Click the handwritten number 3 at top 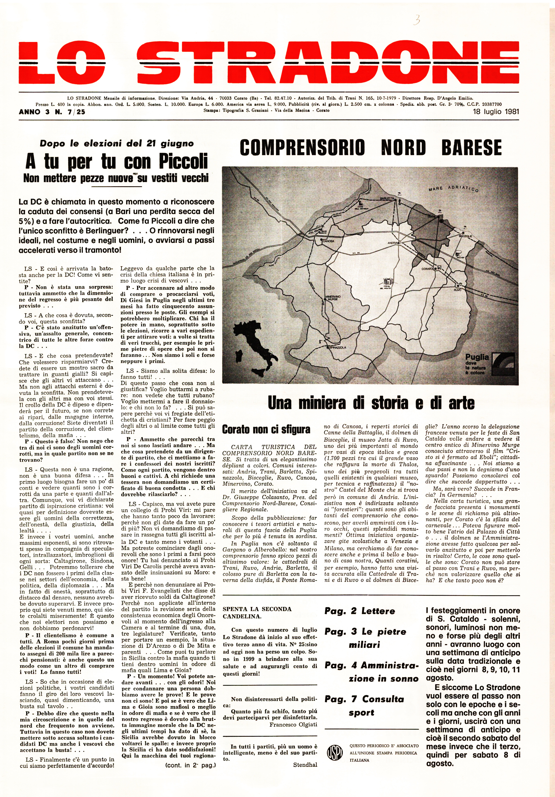(x=417, y=20)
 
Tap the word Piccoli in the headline (x=183, y=161)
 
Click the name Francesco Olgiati (x=293, y=724)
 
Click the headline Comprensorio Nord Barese (x=371, y=147)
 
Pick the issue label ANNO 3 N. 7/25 (x=52, y=112)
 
